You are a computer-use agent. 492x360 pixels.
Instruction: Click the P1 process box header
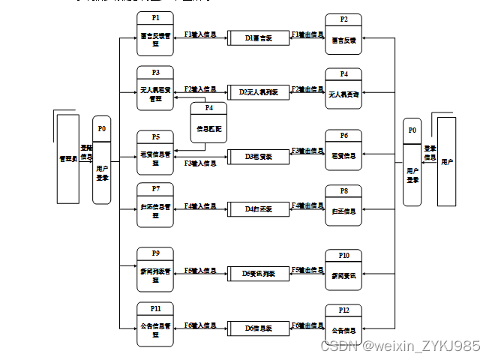(x=155, y=17)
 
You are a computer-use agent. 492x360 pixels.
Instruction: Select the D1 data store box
(x=258, y=37)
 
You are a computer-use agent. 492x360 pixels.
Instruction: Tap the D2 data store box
(x=258, y=92)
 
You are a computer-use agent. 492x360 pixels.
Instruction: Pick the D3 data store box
(x=258, y=157)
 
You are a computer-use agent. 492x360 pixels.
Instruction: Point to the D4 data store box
(x=258, y=208)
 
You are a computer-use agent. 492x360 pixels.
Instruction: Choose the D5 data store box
(x=258, y=274)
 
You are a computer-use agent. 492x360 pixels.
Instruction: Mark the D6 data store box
(x=258, y=328)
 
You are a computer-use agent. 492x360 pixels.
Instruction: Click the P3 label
(x=155, y=72)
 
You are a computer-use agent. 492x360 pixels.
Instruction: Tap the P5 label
(x=155, y=136)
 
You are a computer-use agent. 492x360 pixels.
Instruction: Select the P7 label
(x=155, y=188)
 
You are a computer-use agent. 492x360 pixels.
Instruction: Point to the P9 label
(x=155, y=253)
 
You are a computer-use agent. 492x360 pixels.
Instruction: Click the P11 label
(x=155, y=307)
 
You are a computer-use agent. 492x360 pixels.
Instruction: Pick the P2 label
(x=343, y=19)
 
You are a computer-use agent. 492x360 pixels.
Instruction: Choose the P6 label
(x=343, y=136)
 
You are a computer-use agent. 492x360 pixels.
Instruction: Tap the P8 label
(x=343, y=190)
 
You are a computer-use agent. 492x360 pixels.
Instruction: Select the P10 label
(x=343, y=254)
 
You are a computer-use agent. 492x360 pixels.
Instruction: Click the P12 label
(x=343, y=310)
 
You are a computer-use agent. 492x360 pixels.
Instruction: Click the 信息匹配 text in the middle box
(x=208, y=129)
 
